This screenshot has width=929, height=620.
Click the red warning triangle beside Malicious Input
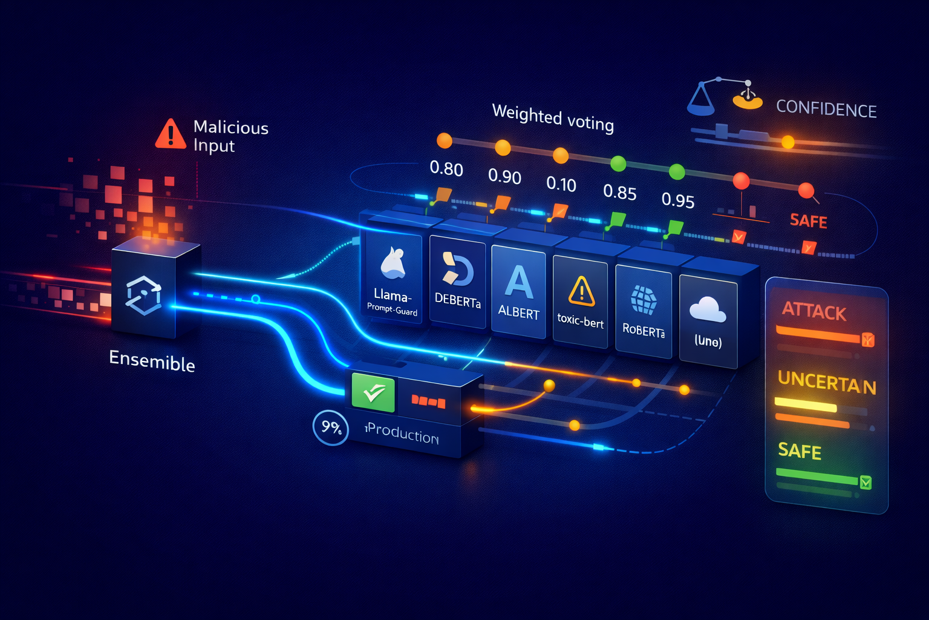point(171,134)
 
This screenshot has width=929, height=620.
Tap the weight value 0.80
point(446,168)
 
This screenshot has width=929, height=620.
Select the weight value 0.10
point(561,184)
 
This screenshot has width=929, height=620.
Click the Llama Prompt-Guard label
point(392,302)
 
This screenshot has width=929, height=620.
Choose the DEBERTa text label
point(458,300)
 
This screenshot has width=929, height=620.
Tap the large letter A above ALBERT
point(519,283)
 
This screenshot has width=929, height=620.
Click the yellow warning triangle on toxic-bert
point(581,291)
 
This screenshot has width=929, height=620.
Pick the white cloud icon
point(708,309)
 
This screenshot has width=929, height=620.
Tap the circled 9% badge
point(331,427)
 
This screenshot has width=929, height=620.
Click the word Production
point(402,434)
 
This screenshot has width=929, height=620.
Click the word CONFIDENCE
point(826,109)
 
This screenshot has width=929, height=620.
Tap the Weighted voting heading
point(553,118)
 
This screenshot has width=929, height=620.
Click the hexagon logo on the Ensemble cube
point(143,295)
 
